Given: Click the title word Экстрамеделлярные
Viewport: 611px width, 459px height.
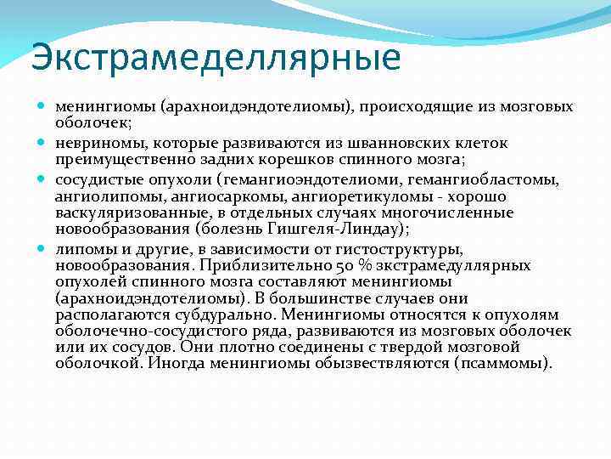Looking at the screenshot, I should pyautogui.click(x=215, y=58).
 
